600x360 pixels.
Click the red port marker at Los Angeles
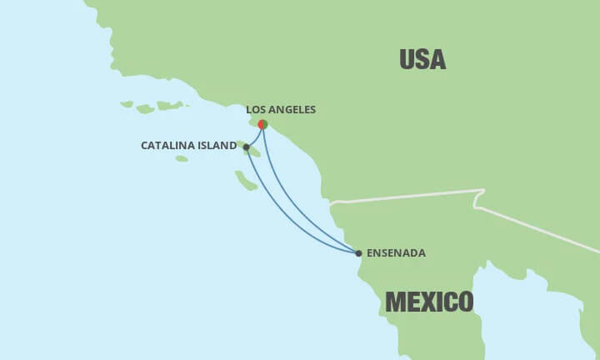262,124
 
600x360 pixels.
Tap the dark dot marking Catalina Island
246,147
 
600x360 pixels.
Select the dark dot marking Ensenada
358,252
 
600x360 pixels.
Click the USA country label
422,59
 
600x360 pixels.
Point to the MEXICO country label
430,301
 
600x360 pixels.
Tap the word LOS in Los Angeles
257,109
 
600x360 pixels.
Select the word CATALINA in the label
167,145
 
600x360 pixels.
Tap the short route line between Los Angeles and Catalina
253,136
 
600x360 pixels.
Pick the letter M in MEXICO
395,301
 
